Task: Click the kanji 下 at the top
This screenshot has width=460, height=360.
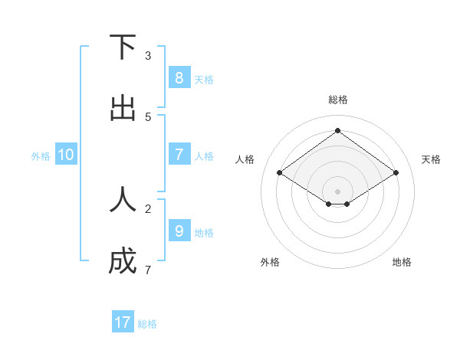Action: point(123,47)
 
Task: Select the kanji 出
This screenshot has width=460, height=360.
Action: point(123,109)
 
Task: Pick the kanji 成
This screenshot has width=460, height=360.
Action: point(123,262)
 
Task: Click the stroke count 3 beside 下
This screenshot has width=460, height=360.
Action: point(148,56)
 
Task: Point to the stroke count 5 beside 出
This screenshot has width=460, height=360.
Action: point(148,117)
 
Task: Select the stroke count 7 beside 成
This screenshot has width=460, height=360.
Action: point(148,270)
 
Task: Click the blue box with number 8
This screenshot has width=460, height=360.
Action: point(179,77)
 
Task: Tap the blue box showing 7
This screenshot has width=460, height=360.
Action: point(179,155)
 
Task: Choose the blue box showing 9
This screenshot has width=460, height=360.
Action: point(179,231)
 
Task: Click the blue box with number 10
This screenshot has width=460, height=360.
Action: point(66,155)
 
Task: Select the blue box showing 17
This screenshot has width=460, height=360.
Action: point(123,322)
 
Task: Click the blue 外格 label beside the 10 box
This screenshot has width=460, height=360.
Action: point(41,156)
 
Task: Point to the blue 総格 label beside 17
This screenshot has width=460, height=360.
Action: point(147,324)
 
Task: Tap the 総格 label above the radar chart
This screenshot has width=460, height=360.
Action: point(337,100)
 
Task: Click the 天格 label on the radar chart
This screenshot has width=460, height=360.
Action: point(431,159)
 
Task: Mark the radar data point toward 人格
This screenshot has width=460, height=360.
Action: point(279,173)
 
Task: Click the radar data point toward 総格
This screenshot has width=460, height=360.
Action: point(337,130)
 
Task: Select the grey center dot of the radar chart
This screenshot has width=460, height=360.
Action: point(337,191)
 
